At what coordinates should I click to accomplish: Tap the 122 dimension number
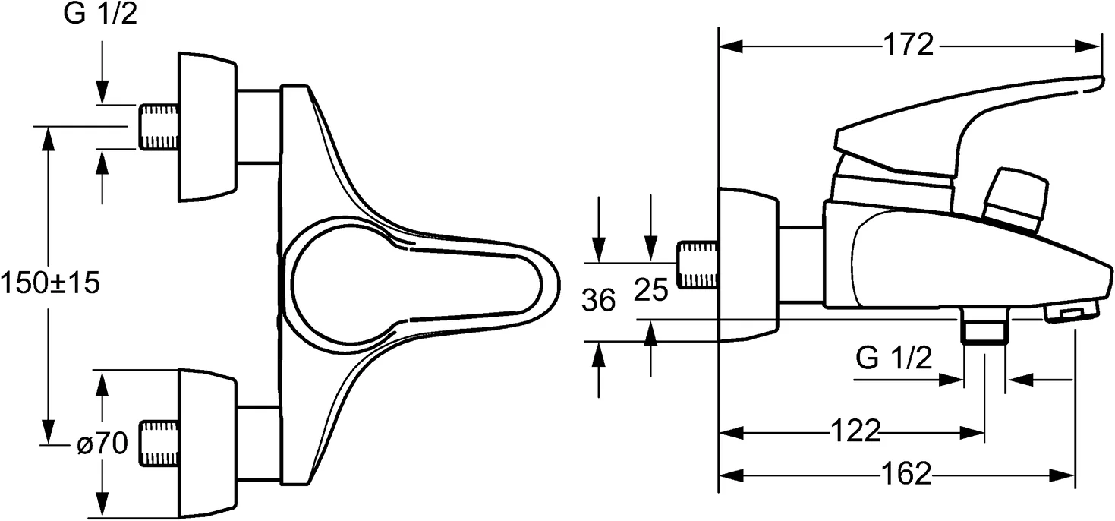855,431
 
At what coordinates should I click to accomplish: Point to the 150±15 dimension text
50,283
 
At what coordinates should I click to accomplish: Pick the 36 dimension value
599,302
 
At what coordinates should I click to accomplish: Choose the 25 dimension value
650,289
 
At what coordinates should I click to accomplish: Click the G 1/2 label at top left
101,15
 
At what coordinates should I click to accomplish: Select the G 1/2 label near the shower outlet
893,356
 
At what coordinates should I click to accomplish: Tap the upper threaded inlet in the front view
159,128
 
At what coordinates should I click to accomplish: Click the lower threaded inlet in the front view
159,441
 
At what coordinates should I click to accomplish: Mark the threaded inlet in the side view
697,265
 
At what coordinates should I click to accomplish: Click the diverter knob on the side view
1016,199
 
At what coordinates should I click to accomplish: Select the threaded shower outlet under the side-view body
984,330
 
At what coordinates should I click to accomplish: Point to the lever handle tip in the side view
1089,84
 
